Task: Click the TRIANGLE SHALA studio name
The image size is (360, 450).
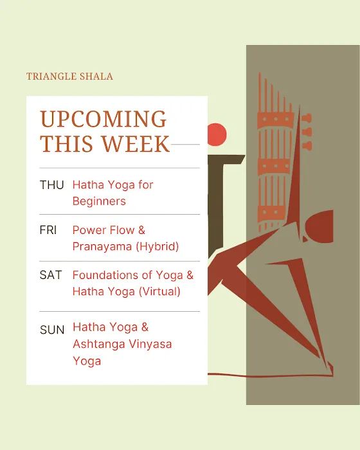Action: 69,76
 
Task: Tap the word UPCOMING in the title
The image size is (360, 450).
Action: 104,120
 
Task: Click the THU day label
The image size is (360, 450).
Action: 51,185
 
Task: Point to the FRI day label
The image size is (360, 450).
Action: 48,230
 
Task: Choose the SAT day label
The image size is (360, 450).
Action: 51,275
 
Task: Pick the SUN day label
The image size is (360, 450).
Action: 52,330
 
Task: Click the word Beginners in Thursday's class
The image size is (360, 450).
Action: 99,201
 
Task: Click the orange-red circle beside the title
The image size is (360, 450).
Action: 217,133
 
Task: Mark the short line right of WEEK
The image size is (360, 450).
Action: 186,145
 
